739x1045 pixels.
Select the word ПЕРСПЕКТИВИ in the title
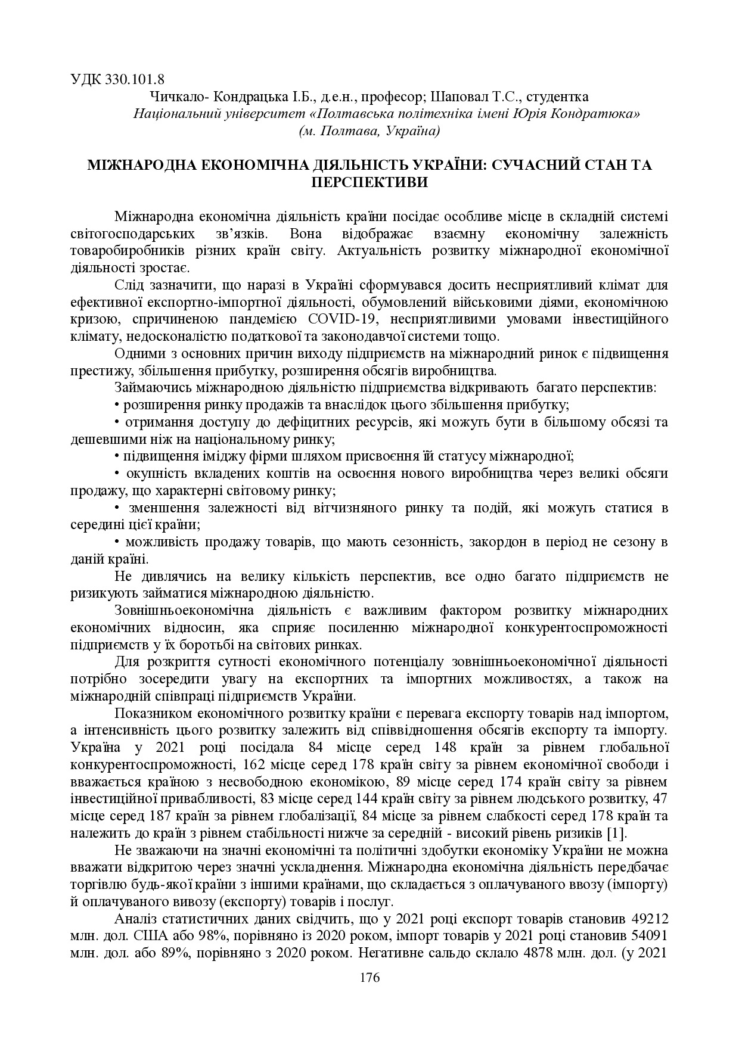(369, 182)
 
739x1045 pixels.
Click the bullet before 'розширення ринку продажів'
(117, 405)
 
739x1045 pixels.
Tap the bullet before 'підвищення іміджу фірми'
(117, 457)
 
